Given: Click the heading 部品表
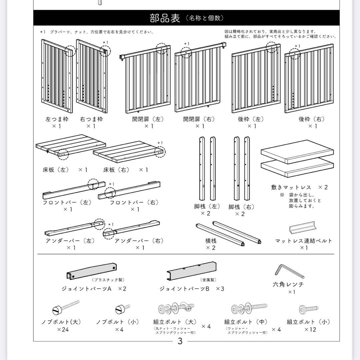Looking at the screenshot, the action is [x=165, y=18].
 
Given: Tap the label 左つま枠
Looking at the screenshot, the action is [x=57, y=119].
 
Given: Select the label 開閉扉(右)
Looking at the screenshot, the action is [x=199, y=119].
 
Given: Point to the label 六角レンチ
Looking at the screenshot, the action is [x=288, y=284].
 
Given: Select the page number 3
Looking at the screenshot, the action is [x=180, y=341].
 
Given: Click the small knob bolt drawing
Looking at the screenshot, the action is [x=122, y=309].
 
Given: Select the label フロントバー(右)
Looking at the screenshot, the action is [x=134, y=202].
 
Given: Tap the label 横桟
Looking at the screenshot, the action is [x=211, y=240].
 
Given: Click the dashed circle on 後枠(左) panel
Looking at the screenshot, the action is [x=271, y=47].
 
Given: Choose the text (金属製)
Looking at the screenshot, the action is [x=208, y=280].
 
